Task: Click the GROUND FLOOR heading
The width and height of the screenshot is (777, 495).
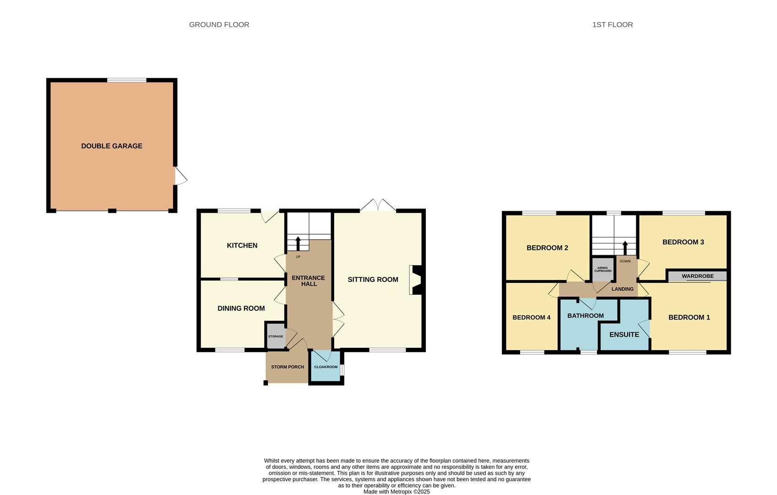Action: coord(219,25)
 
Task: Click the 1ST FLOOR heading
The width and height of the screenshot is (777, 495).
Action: coord(612,25)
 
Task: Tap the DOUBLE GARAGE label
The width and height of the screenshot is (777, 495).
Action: coord(112,146)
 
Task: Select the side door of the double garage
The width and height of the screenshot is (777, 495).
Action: coord(181,176)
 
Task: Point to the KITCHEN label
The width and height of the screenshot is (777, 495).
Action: coord(242,245)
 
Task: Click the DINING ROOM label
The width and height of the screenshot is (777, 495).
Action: coord(241,308)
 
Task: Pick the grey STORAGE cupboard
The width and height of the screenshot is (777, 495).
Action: coord(276,336)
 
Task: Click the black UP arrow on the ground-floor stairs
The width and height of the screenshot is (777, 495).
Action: coord(298,243)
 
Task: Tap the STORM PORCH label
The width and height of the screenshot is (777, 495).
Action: coord(288,367)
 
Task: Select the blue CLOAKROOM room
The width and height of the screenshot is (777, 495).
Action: coord(326,367)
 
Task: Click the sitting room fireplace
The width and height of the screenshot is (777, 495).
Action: coord(416,280)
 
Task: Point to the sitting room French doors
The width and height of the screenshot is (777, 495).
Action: coord(378,205)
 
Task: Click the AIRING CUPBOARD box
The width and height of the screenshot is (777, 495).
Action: coord(603,269)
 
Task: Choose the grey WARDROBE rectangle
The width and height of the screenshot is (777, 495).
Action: coord(697,276)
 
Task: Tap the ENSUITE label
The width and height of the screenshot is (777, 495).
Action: coord(624,335)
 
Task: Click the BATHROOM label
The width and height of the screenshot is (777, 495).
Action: coord(586,315)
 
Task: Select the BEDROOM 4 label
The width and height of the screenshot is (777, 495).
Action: coord(532,317)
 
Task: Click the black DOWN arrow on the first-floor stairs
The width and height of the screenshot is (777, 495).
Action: coord(625,248)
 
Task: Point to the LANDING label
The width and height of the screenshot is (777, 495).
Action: coord(622,289)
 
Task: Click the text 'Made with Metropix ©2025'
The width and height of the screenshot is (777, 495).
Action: coord(397,491)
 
